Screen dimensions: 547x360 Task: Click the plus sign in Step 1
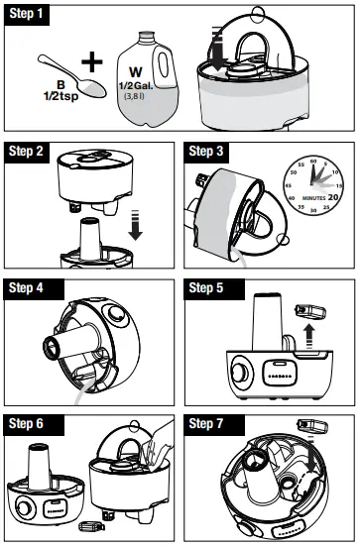pyautogui.click(x=92, y=60)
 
